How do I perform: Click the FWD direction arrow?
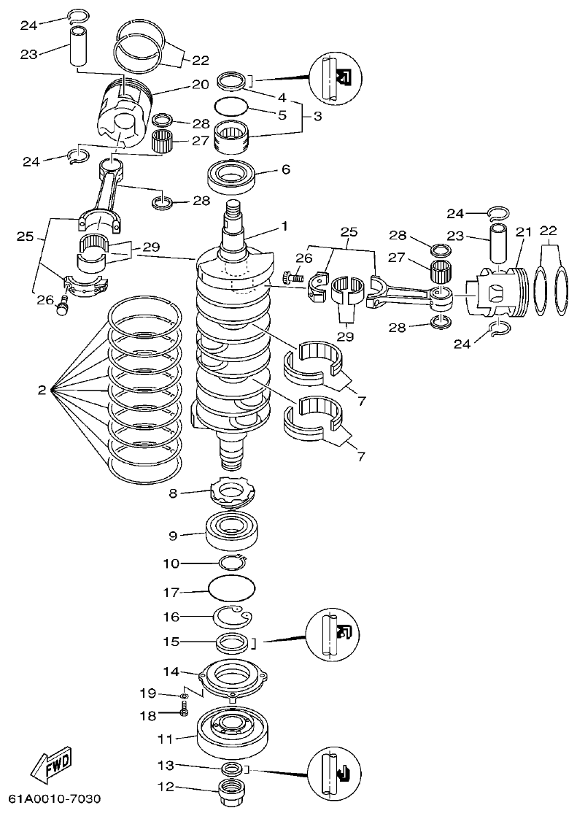(51, 766)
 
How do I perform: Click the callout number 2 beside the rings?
(42, 390)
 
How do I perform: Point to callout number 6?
(285, 169)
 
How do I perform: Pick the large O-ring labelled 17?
(231, 586)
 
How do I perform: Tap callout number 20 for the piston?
(201, 85)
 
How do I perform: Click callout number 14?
(170, 671)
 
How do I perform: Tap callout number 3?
(316, 117)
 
